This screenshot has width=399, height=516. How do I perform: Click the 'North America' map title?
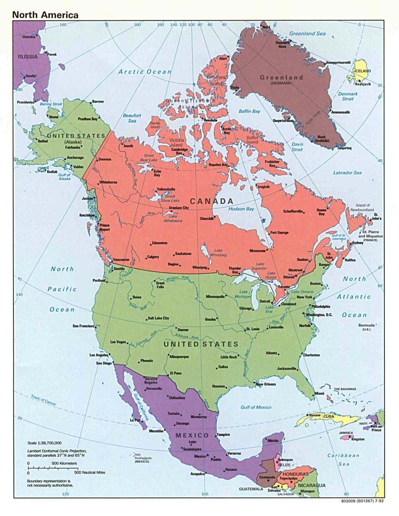coord(45,15)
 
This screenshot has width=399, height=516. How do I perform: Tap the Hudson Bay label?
coord(241,209)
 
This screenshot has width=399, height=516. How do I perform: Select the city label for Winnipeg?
coord(200,267)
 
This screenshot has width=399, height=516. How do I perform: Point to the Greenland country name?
coord(281,77)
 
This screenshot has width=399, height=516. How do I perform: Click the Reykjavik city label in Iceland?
coord(363,84)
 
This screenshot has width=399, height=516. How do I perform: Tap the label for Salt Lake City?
coord(158,318)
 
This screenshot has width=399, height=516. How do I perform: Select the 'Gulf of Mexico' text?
coord(256,407)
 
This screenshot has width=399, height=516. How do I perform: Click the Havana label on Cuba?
coord(315,416)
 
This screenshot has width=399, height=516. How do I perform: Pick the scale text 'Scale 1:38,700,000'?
coord(44,443)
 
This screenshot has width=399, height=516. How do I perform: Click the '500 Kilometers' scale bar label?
coord(64,463)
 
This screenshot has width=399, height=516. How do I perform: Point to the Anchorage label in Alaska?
coord(75,158)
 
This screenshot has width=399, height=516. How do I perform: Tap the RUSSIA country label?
coord(28,57)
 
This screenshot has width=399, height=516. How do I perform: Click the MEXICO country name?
coord(192,435)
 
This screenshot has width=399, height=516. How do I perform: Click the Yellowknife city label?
coord(166,189)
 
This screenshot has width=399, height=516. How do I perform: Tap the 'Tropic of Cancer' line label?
coord(43,400)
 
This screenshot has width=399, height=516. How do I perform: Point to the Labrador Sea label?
coord(347,173)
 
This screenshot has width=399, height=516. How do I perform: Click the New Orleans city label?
coord(266,384)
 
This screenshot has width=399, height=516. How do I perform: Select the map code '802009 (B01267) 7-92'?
coord(362,501)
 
